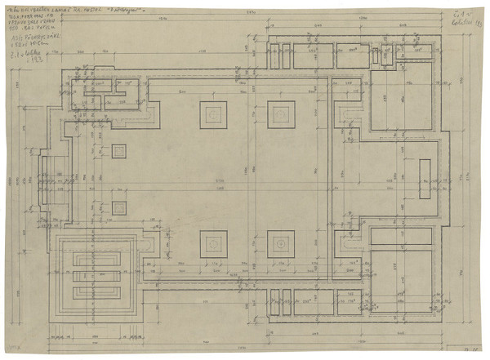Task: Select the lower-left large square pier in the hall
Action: [x=215, y=242]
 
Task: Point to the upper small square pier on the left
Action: [x=119, y=151]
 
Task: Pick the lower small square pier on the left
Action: [x=119, y=207]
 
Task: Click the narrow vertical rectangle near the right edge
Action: [x=425, y=179]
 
